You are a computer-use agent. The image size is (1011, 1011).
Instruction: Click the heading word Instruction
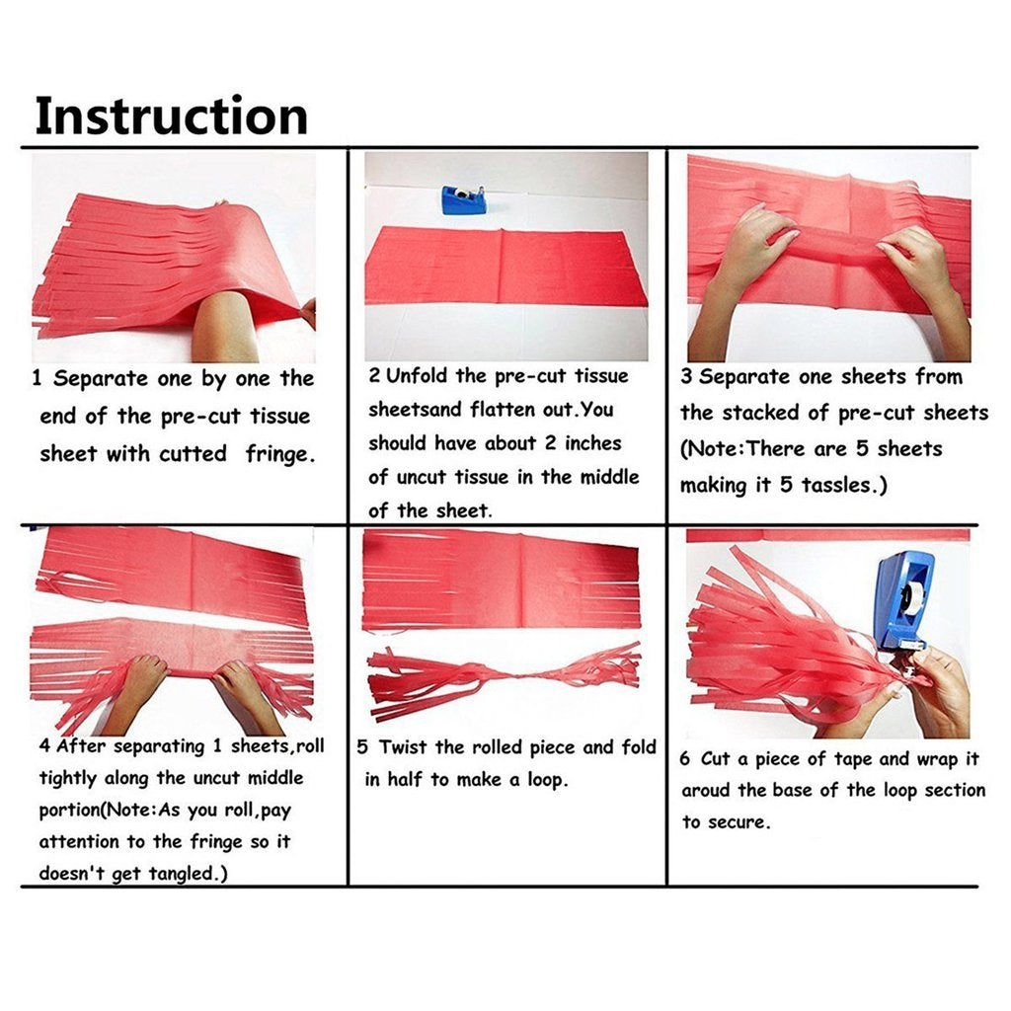pyautogui.click(x=171, y=117)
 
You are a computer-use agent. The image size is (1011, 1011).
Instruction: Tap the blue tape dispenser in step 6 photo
pyautogui.click(x=903, y=599)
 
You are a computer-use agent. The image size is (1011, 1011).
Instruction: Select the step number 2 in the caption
pyautogui.click(x=375, y=376)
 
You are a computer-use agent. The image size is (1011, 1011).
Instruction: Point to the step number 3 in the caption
pyautogui.click(x=687, y=377)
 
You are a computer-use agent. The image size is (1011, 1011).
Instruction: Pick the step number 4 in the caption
pyautogui.click(x=44, y=747)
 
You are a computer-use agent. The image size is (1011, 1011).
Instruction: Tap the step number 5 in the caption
pyautogui.click(x=362, y=748)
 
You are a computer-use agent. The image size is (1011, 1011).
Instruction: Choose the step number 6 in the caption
pyautogui.click(x=687, y=759)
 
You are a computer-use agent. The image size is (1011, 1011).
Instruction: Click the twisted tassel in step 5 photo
pyautogui.click(x=504, y=678)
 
